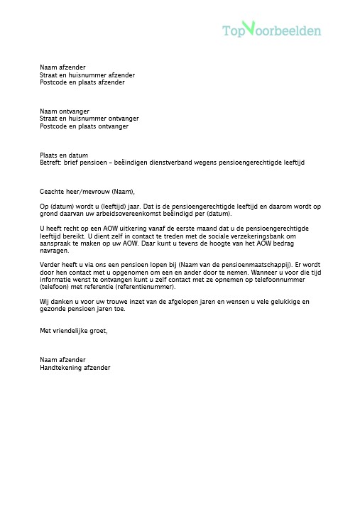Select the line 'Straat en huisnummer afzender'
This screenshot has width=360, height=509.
pyautogui.click(x=87, y=75)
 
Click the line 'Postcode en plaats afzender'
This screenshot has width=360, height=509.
pyautogui.click(x=82, y=82)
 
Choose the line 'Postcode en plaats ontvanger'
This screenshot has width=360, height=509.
pyautogui.click(x=84, y=126)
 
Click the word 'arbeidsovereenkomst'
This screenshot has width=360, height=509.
pyautogui.click(x=136, y=214)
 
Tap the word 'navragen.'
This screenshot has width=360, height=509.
pyautogui.click(x=54, y=250)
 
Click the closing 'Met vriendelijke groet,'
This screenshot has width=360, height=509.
pyautogui.click(x=74, y=331)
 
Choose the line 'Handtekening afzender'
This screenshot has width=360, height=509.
pyautogui.click(x=75, y=368)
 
